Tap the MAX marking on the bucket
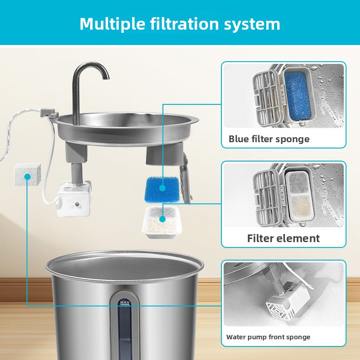click(125, 302)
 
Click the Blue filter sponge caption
click(269, 139)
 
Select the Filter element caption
click(283, 238)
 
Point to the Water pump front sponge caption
click(268, 337)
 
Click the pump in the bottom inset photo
click(279, 301)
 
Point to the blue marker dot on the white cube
click(27, 177)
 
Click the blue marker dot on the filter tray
click(162, 220)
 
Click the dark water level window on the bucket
click(125, 333)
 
